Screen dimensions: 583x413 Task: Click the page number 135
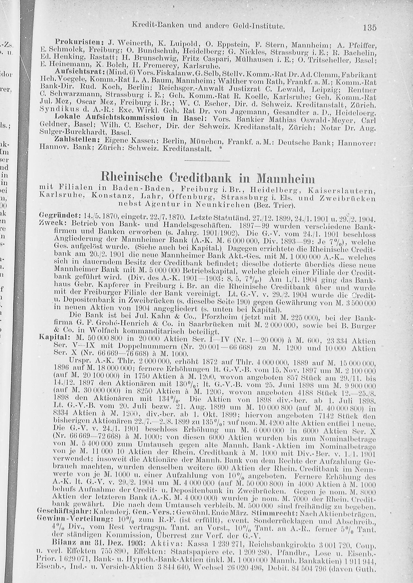point(369,27)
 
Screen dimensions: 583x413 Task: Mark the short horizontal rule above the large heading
point(206,161)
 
